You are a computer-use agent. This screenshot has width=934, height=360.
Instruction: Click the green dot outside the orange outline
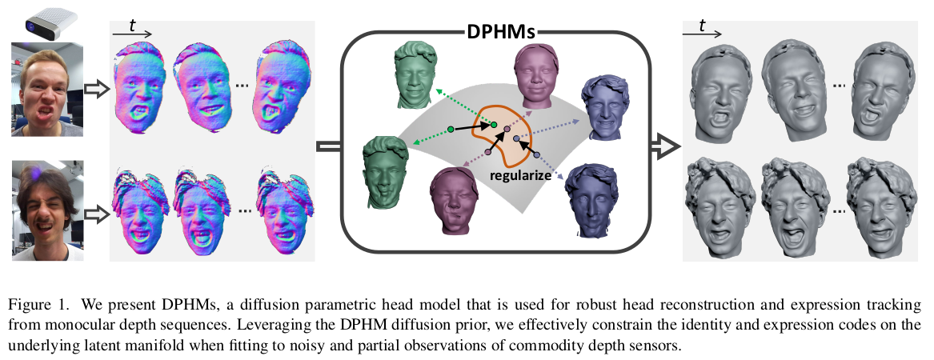451,129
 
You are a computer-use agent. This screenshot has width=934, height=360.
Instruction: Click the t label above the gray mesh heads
702,26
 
